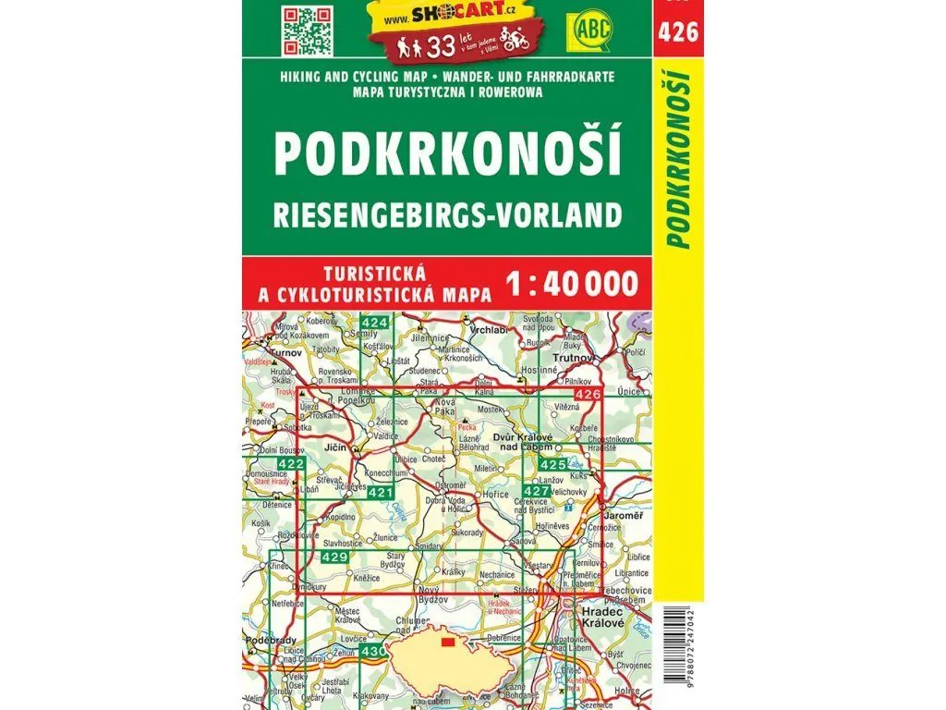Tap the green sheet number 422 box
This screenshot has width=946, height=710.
click(x=290, y=463)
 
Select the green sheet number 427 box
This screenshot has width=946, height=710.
click(x=536, y=490)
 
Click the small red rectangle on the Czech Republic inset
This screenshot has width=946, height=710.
click(x=448, y=642)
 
